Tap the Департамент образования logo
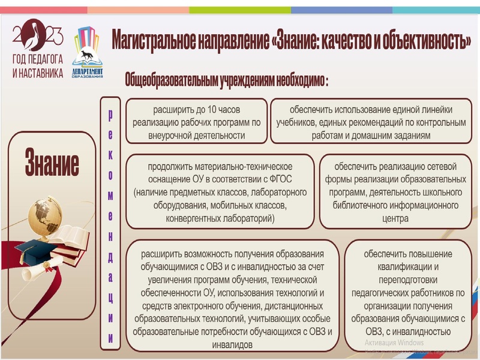pos(87,51)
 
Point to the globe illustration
pos(49,215)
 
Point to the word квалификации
pos(406,266)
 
